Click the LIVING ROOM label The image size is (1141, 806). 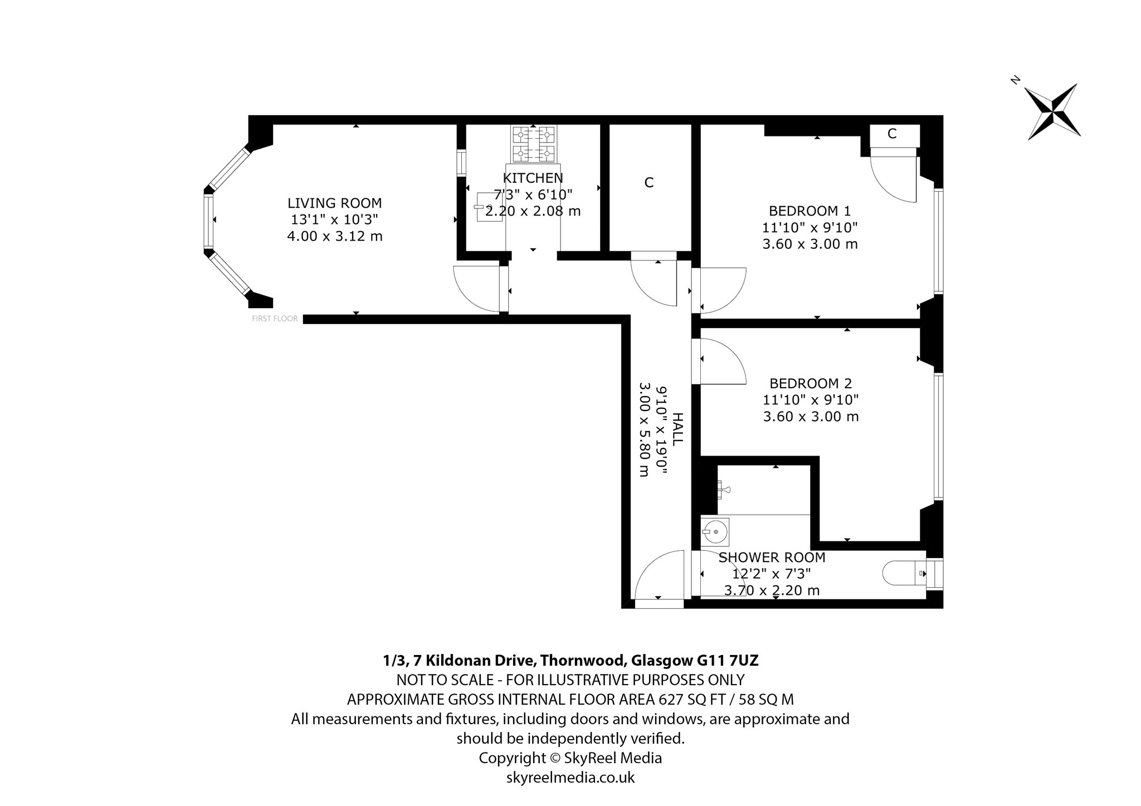pos(334,203)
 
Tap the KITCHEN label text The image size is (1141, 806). pos(533,178)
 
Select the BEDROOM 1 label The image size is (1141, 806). pos(810,211)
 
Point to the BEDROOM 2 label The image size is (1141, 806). pos(811,383)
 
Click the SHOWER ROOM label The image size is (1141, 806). pos(772,558)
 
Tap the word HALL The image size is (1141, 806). pos(677,429)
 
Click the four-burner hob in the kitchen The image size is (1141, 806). pos(533,143)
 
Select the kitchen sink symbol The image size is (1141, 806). pos(489,207)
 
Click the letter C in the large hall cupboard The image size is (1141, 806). pos(648,183)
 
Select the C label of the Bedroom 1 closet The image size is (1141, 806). pos(892,134)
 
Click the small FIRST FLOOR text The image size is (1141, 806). pos(275,319)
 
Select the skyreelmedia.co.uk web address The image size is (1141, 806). pos(570,778)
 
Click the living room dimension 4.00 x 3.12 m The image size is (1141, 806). pos(334,236)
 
